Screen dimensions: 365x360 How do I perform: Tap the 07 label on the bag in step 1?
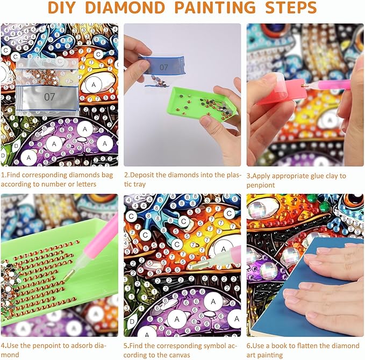(49, 97)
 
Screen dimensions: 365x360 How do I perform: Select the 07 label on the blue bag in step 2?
(163, 68)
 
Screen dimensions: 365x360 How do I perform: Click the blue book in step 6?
(305, 286)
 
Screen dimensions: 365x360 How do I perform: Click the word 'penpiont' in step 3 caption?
(261, 185)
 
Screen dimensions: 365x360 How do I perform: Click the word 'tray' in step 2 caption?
(139, 184)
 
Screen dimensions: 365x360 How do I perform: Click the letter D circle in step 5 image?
(132, 322)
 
